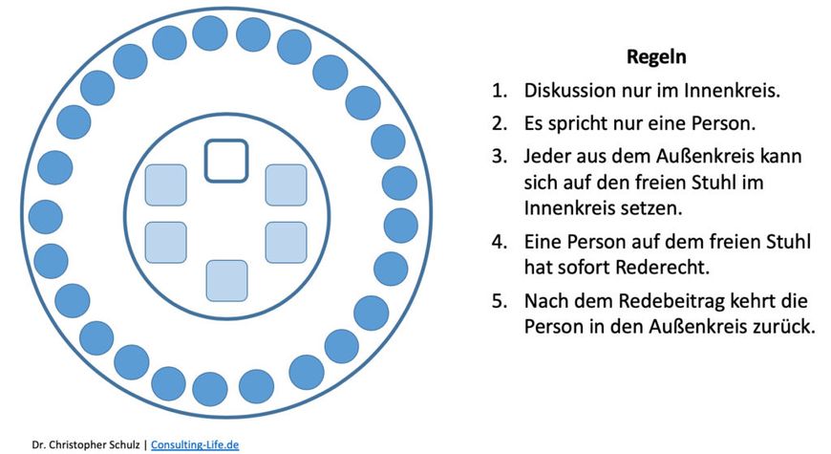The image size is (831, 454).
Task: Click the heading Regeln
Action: (x=656, y=56)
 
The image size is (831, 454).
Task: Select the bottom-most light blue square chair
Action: (x=226, y=281)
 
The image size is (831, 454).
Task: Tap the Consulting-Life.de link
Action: (x=195, y=444)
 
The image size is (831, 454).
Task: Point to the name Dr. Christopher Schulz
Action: (x=86, y=444)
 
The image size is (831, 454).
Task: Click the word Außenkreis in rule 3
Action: (x=694, y=156)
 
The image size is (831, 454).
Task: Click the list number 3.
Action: (x=500, y=157)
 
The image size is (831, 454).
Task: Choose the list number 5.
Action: (x=500, y=301)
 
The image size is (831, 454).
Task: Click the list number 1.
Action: (x=500, y=91)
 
